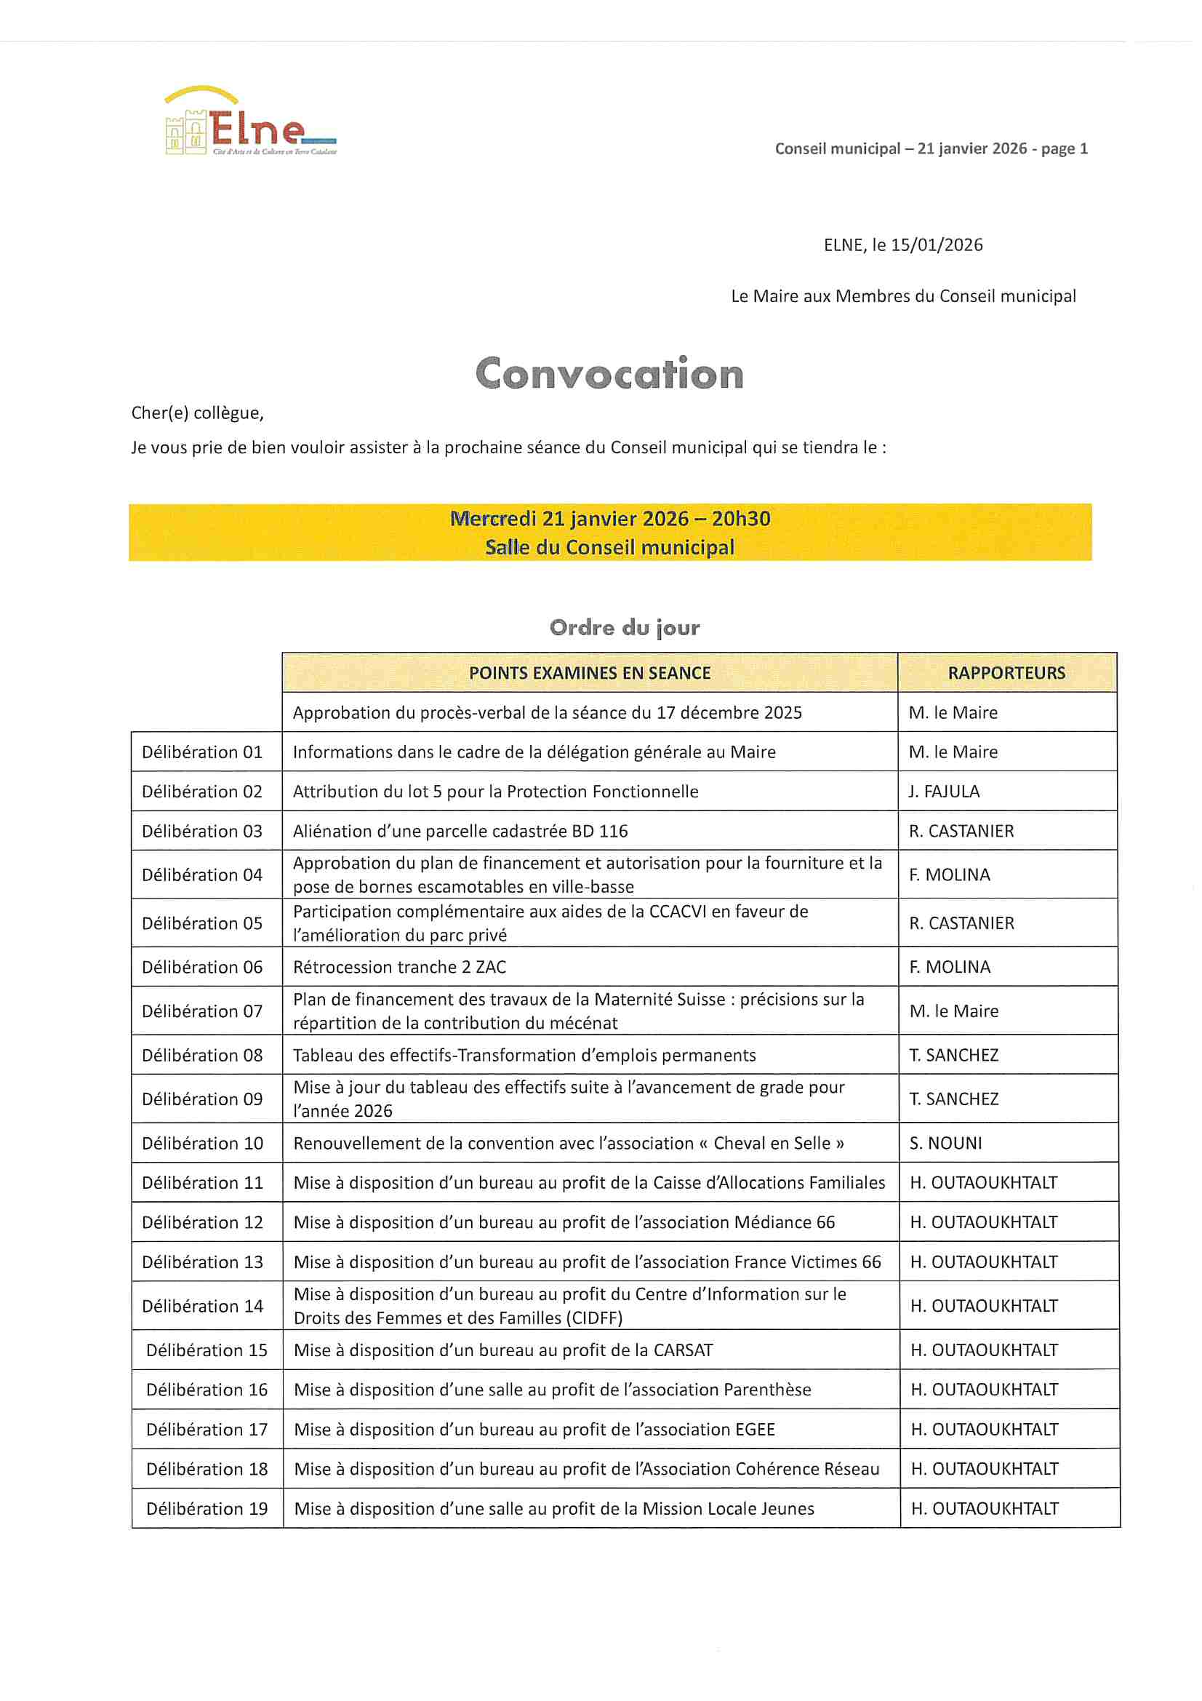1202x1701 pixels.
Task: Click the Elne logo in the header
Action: (250, 123)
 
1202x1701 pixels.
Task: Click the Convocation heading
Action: (609, 373)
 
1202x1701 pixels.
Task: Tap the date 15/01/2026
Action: (936, 245)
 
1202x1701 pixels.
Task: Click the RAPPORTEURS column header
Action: (1006, 673)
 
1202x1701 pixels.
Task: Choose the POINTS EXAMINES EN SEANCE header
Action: (590, 673)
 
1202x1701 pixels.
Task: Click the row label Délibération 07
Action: (202, 1011)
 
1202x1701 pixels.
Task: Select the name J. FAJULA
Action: (944, 792)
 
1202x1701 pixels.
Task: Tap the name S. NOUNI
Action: (946, 1143)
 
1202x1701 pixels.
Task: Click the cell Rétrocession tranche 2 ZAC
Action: (400, 967)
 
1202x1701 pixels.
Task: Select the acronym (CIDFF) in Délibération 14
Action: (588, 1318)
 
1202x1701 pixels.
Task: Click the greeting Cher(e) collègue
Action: (197, 413)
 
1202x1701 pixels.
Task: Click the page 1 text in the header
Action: (1065, 148)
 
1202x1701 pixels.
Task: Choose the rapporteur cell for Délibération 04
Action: (950, 875)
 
